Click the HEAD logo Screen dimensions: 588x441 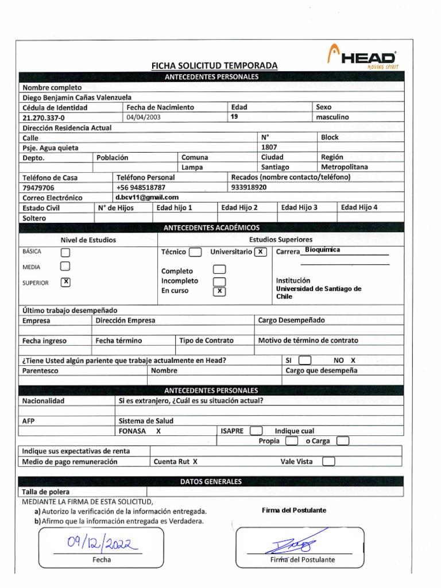point(363,58)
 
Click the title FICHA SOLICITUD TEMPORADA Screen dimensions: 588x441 point(214,66)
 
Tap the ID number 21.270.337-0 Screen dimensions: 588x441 point(44,117)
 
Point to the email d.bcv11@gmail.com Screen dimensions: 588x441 point(147,197)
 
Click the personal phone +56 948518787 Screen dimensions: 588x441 point(141,187)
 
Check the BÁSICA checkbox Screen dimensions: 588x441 point(65,252)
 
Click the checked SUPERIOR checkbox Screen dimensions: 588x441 point(65,282)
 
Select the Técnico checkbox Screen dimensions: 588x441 point(195,252)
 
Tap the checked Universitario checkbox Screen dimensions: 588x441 point(260,252)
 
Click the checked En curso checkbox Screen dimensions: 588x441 point(219,292)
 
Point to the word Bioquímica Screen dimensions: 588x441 point(323,250)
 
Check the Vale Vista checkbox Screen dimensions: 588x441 point(328,461)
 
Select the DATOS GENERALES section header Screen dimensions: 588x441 point(211,482)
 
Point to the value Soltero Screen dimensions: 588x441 point(34,218)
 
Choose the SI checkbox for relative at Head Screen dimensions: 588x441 point(305,361)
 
